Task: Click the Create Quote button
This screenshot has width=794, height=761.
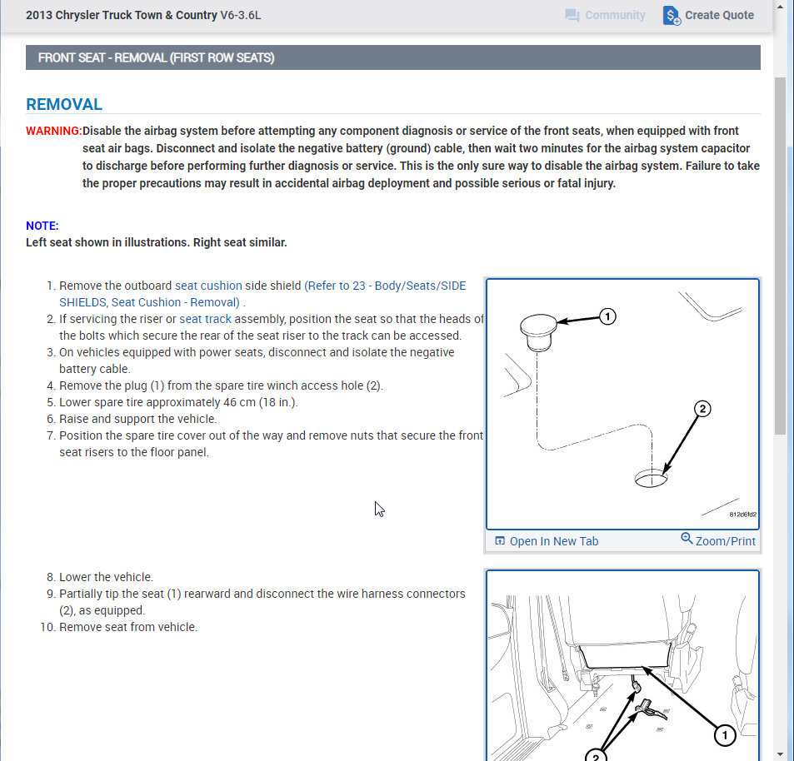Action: pyautogui.click(x=709, y=16)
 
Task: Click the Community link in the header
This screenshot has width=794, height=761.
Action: pyautogui.click(x=605, y=16)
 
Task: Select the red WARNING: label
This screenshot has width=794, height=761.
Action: pyautogui.click(x=53, y=131)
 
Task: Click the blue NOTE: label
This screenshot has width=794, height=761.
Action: pyautogui.click(x=42, y=226)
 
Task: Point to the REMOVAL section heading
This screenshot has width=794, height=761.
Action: pyautogui.click(x=64, y=105)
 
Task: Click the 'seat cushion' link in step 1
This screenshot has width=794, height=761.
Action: pyautogui.click(x=208, y=286)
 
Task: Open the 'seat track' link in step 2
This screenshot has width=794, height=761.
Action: pyautogui.click(x=206, y=319)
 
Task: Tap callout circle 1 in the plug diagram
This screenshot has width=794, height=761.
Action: pyautogui.click(x=608, y=316)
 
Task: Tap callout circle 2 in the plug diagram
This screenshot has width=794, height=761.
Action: pyautogui.click(x=702, y=409)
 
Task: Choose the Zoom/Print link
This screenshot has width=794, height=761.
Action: pyautogui.click(x=718, y=541)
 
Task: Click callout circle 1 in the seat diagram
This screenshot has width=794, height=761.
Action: pyautogui.click(x=724, y=734)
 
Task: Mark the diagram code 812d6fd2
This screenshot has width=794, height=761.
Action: pyautogui.click(x=742, y=515)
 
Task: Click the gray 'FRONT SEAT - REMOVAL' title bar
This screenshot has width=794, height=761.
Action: pyautogui.click(x=392, y=58)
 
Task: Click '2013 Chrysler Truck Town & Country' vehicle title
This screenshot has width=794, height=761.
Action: pyautogui.click(x=122, y=16)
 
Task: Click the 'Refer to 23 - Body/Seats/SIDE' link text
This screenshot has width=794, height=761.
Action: pyautogui.click(x=386, y=286)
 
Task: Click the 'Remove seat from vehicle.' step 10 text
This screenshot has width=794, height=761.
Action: pyautogui.click(x=128, y=627)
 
